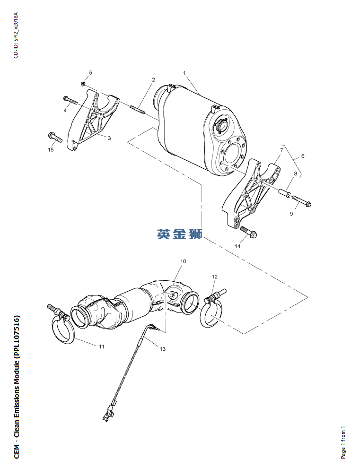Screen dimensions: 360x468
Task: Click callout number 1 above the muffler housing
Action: pos(184,73)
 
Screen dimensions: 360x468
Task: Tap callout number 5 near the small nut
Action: pos(90,72)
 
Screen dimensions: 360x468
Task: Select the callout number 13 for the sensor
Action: pos(163,348)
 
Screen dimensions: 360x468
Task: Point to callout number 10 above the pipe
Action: pos(183,261)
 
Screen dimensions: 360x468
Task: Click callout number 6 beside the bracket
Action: pos(303,156)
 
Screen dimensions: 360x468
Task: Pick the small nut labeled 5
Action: pos(84,84)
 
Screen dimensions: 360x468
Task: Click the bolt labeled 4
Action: pos(70,100)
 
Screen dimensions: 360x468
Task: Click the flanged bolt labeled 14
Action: pos(248,232)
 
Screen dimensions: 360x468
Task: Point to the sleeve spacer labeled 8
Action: pos(284,193)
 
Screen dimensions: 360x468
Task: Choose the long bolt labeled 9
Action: pos(301,200)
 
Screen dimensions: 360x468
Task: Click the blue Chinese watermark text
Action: pos(180,234)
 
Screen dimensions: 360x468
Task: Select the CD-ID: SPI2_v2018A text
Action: pos(16,35)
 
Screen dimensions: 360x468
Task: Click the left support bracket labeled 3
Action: pos(92,121)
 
